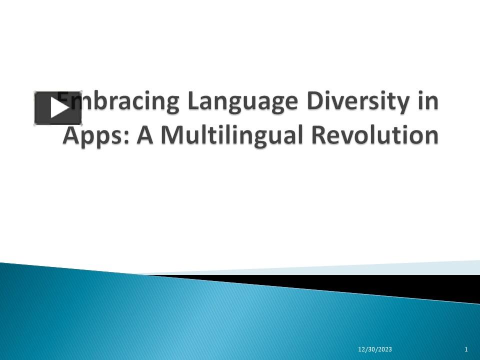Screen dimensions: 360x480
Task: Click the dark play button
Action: [x=57, y=108]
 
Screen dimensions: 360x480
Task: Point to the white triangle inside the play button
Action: [x=58, y=108]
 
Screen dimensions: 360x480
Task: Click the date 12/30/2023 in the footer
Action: [x=375, y=349]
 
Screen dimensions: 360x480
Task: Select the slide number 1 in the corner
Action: [x=466, y=349]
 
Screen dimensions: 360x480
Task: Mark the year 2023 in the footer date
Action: [x=384, y=349]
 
